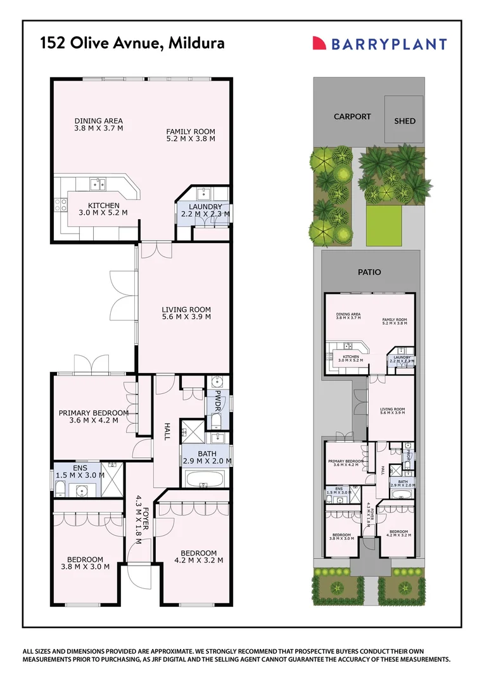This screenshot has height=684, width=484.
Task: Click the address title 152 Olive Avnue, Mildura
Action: coord(132,44)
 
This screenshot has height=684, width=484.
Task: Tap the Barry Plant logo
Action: coord(380,44)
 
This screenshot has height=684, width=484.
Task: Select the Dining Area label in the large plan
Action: coord(98,124)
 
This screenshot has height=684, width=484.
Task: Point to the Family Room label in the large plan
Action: coord(191,134)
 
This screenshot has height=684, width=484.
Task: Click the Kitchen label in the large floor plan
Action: coord(103,209)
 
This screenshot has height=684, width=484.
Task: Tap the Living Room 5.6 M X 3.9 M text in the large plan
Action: coord(186,313)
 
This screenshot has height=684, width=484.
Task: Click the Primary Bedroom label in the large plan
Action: coord(94,416)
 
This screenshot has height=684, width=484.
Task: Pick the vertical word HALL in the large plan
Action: coord(168,432)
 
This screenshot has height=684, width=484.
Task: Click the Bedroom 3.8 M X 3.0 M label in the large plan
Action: coord(86,562)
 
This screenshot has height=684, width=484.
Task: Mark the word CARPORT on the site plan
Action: coord(352,117)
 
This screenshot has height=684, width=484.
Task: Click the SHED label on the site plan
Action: coord(405,120)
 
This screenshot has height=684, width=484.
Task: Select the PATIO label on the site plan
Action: coord(369,272)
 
